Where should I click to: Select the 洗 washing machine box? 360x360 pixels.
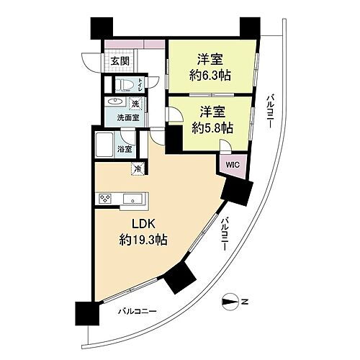coord(135,103)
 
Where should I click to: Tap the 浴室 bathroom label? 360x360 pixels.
coord(125,149)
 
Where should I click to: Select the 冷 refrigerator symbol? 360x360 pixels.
coord(137,168)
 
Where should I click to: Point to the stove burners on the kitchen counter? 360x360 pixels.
coord(104,199)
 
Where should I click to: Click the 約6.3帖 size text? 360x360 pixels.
coord(212,76)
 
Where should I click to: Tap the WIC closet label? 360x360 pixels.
coord(232,164)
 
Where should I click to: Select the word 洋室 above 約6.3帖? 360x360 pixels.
coord(212,59)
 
